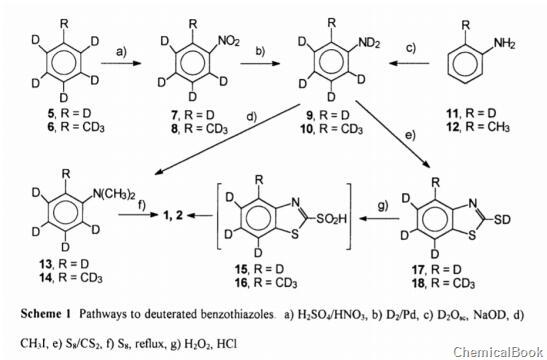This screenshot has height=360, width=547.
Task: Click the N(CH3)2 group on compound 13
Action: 100,180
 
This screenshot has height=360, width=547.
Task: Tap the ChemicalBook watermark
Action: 497,349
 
